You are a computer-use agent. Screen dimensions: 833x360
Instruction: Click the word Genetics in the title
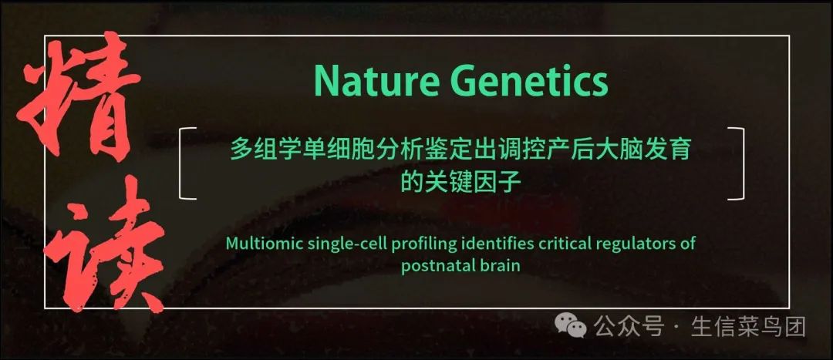click(529, 81)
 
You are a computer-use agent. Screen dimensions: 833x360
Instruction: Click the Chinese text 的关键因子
click(460, 183)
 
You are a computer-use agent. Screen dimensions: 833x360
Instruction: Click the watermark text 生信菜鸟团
click(748, 326)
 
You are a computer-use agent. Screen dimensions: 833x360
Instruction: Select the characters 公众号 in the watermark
click(629, 326)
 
